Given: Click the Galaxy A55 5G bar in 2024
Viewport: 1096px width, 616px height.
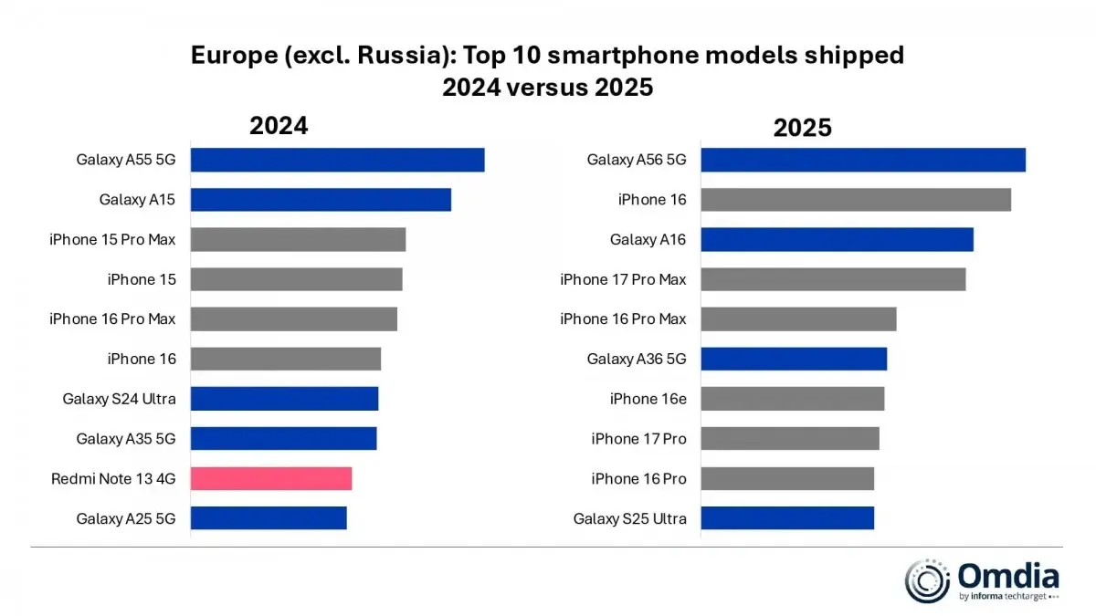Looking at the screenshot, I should (337, 160).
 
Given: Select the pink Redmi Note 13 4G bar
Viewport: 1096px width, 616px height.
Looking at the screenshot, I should (271, 478).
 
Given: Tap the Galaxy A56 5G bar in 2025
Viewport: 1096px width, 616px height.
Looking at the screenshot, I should (862, 160).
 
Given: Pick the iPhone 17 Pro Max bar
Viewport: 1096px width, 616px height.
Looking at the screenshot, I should (832, 279).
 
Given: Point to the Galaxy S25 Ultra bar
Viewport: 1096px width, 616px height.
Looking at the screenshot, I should (786, 518).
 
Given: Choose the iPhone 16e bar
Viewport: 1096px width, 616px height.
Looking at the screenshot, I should (792, 399).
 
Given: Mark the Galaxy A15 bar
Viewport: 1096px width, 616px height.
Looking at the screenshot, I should (321, 200).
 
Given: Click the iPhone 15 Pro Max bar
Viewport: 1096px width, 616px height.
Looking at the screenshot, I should (298, 239).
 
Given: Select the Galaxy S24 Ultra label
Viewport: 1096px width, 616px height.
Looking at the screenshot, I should (119, 399).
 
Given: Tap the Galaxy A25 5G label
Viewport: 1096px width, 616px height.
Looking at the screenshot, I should (125, 518).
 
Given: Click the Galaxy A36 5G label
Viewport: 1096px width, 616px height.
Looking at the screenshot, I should (636, 359).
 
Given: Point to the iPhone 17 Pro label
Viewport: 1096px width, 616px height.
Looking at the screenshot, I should (638, 439).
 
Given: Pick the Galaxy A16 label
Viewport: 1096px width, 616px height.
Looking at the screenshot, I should (648, 239).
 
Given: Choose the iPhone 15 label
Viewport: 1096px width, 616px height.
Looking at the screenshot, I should (142, 279).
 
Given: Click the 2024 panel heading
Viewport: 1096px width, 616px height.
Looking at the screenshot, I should (279, 126).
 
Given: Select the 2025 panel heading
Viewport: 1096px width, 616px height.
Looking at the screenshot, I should (802, 128).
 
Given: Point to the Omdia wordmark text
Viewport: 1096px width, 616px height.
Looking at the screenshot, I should (1008, 577).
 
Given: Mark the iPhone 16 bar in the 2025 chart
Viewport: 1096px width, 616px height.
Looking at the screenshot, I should (855, 200).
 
